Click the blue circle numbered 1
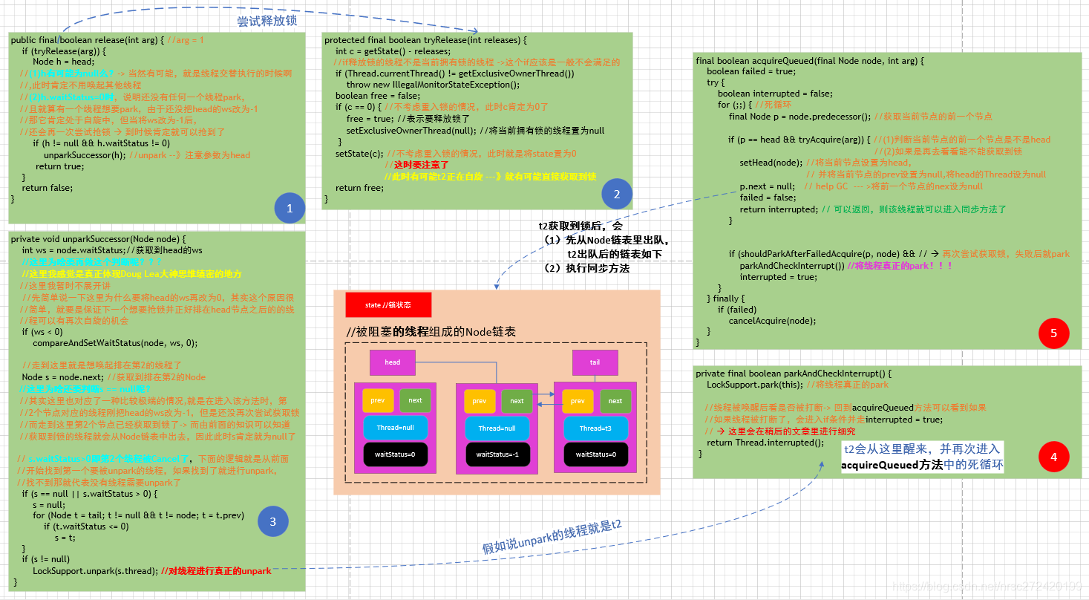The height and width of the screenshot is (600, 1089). click(290, 209)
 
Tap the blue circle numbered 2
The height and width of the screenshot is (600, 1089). click(617, 194)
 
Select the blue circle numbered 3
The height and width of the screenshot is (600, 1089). click(272, 522)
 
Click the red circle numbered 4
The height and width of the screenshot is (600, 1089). click(1053, 457)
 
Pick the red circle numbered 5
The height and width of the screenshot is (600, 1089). click(1053, 333)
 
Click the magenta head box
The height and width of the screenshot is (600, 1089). click(393, 362)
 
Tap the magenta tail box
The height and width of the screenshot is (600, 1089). click(595, 362)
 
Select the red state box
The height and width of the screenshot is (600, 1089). click(388, 305)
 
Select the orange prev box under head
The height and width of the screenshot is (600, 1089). click(378, 400)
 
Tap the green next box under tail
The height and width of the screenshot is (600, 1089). click(615, 400)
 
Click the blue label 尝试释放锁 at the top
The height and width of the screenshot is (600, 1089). click(267, 21)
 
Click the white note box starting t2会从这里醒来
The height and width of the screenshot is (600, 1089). click(922, 457)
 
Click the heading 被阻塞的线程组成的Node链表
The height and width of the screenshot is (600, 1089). click(431, 332)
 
